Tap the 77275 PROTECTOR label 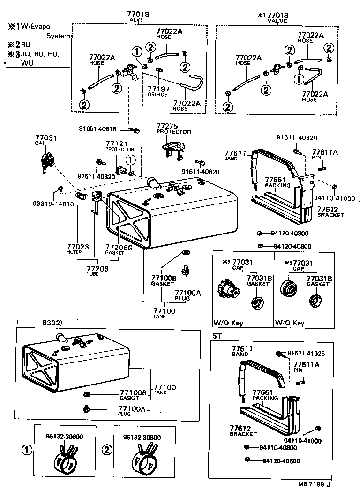173,129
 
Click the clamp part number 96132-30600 64,437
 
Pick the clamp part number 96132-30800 142,438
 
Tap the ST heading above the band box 217,336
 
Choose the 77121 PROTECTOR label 117,146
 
